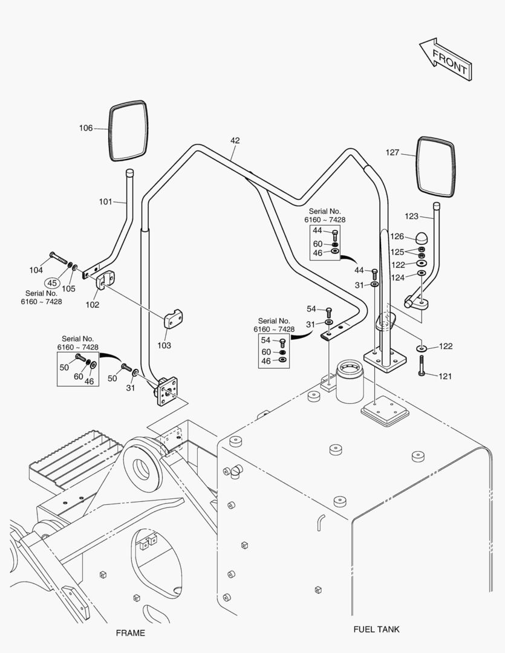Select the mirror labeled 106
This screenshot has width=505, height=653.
128,131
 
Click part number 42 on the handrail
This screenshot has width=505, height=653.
235,140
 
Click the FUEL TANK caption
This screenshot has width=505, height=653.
376,629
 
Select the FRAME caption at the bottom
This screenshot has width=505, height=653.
130,633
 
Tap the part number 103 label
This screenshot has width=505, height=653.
164,345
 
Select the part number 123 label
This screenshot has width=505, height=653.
411,216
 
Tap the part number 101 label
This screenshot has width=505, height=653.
105,201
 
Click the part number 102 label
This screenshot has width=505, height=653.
92,305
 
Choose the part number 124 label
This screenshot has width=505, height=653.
397,278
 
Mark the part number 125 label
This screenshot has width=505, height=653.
397,251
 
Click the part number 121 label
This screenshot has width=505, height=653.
445,376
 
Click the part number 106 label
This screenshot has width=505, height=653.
86,128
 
